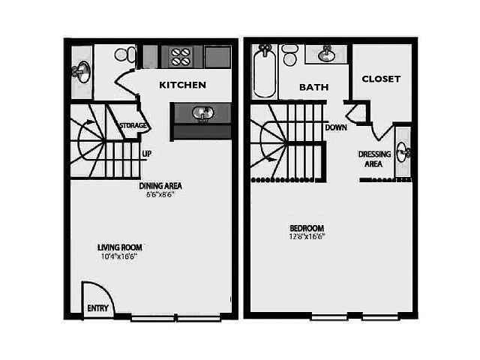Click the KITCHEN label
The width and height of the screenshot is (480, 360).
(182, 85)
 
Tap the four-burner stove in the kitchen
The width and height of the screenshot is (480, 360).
(180, 57)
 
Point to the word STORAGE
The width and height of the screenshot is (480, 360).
(133, 125)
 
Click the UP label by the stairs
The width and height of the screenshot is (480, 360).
(147, 154)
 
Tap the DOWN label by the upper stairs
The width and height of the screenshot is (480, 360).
(336, 127)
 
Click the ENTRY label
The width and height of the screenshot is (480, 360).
(98, 308)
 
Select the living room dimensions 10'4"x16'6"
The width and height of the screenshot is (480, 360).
(118, 256)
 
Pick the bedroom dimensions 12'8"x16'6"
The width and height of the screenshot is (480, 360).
(307, 236)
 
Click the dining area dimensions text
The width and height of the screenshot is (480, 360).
(160, 194)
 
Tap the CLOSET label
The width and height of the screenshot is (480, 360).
(381, 79)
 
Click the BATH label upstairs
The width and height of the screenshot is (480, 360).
(314, 87)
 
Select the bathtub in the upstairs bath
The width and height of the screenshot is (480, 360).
(264, 71)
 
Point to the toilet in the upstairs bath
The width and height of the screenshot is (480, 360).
(289, 55)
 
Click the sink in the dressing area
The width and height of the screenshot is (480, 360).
(403, 151)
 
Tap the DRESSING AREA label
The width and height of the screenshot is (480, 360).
(374, 159)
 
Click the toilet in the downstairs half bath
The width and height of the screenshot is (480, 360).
(125, 55)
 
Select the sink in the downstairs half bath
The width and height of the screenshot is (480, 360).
(82, 72)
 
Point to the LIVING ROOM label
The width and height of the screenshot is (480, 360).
(120, 247)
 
